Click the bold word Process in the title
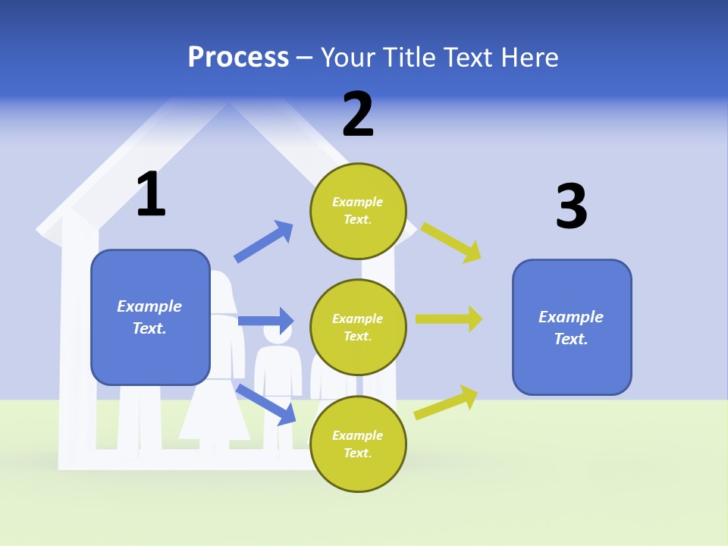(x=238, y=58)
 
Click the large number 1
(x=151, y=195)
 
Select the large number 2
(x=358, y=115)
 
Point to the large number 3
(x=571, y=206)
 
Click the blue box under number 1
(x=150, y=317)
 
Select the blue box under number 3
(x=572, y=327)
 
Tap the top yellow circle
(x=358, y=211)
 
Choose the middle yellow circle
(x=358, y=327)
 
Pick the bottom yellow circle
(x=358, y=444)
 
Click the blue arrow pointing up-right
(x=264, y=241)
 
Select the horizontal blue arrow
(x=265, y=321)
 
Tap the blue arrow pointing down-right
(x=266, y=404)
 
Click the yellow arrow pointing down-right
(x=451, y=242)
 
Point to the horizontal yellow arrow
(x=449, y=319)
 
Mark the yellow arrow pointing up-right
(x=447, y=402)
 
